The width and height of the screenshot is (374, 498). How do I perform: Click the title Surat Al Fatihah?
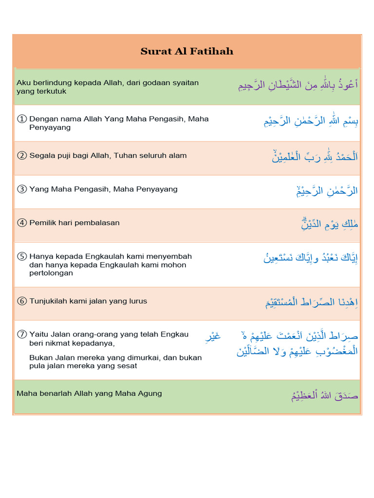(187, 51)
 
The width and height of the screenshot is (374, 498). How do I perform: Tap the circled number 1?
(21, 119)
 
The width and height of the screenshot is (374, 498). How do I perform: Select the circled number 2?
(21, 156)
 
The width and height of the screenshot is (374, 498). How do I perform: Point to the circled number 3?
(21, 189)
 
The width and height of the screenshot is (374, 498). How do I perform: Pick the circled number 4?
(21, 223)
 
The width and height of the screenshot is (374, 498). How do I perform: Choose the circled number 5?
(21, 256)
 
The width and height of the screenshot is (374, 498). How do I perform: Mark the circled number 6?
(21, 301)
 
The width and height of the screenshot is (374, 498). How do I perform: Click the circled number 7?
(21, 334)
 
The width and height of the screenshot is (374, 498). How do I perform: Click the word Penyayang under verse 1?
(50, 127)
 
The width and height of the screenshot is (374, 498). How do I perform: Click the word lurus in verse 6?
(137, 301)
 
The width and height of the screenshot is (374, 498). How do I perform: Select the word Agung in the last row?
(150, 393)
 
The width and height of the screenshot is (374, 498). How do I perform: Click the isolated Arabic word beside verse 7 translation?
(213, 336)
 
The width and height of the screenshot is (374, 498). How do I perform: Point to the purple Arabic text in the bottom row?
(324, 395)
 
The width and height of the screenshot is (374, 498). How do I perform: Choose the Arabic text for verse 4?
(330, 224)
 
